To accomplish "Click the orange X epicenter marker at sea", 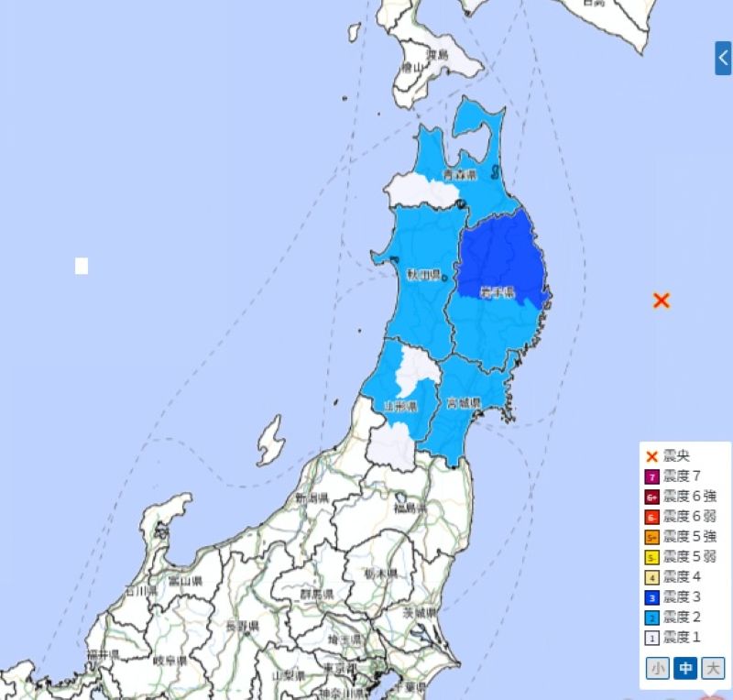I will click(x=662, y=300).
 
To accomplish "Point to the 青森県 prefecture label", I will click(x=460, y=174).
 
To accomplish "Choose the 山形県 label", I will click(x=400, y=406).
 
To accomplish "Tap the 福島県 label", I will click(x=411, y=508).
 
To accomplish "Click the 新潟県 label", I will click(x=312, y=498).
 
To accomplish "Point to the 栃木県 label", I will click(x=380, y=573).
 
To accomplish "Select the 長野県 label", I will click(x=242, y=625).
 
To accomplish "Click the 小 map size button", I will click(x=657, y=669).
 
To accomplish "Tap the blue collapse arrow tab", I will click(x=723, y=58).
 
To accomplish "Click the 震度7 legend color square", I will click(x=652, y=476).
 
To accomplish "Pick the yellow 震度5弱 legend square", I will click(x=652, y=557).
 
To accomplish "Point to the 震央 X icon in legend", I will click(x=652, y=455).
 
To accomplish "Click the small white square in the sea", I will click(x=82, y=267).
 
